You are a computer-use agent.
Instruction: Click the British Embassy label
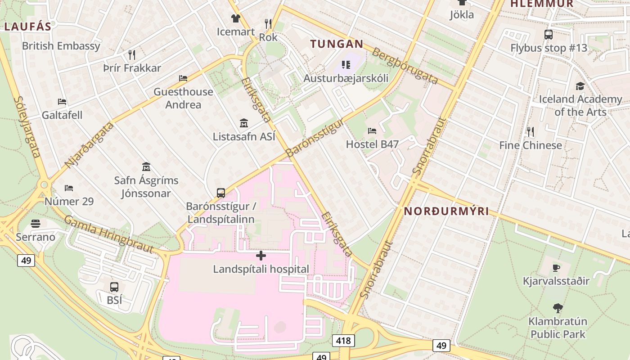[x=61, y=46]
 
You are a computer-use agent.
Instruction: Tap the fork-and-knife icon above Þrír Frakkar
[x=132, y=55]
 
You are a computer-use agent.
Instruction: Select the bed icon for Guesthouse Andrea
[x=183, y=78]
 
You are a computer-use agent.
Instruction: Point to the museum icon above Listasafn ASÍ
[x=244, y=123]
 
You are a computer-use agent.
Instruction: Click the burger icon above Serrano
[x=36, y=224]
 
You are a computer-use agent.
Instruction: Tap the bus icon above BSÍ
[x=114, y=287]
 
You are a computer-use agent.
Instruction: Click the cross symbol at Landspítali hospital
[x=261, y=256]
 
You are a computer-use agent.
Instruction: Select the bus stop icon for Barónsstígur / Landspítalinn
[x=221, y=193]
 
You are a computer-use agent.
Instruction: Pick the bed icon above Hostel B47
[x=372, y=131]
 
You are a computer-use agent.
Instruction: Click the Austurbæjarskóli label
[x=346, y=78]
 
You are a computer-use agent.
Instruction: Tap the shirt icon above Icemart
[x=236, y=18]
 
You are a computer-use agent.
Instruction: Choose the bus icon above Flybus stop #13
[x=549, y=35]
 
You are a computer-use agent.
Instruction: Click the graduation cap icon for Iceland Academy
[x=580, y=86]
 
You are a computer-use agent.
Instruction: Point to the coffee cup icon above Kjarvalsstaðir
[x=556, y=268]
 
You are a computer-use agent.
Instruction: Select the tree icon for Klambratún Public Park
[x=558, y=308]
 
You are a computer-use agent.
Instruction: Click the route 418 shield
[x=343, y=341]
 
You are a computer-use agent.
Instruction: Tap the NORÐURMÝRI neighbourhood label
[x=446, y=211]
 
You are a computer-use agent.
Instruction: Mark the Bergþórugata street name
[x=405, y=66]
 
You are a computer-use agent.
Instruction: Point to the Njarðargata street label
[x=89, y=145]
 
